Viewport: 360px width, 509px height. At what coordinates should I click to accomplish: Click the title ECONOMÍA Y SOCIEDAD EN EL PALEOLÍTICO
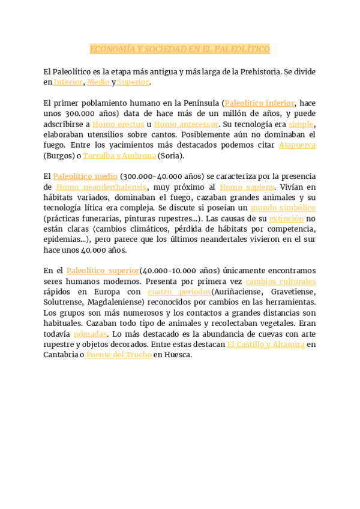(180, 49)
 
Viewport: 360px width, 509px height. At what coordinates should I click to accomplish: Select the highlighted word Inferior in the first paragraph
(68, 82)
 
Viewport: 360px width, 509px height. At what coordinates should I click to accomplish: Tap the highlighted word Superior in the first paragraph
(133, 82)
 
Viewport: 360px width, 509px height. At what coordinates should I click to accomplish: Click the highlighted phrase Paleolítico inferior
(259, 103)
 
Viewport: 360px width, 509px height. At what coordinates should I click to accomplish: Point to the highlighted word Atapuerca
(297, 145)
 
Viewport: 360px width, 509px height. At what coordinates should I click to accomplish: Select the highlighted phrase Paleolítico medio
(85, 176)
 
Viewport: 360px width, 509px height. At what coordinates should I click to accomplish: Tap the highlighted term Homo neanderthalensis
(101, 187)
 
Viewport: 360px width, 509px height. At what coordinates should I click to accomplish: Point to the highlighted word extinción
(286, 218)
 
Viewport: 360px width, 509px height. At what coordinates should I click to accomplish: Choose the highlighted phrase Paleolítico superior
(103, 271)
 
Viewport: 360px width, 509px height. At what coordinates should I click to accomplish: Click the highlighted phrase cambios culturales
(280, 282)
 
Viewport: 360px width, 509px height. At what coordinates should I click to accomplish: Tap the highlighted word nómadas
(90, 334)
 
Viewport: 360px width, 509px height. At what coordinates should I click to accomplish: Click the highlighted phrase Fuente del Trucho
(118, 355)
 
